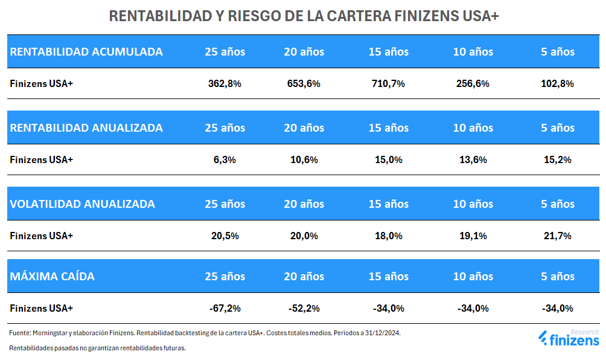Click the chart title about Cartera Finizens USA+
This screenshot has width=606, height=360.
pyautogui.click(x=303, y=16)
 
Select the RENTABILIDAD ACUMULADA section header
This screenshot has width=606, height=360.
pyautogui.click(x=86, y=52)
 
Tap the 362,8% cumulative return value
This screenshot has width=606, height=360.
pyautogui.click(x=225, y=84)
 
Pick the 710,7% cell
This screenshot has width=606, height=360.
pyautogui.click(x=388, y=84)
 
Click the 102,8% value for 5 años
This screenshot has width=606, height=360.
pyautogui.click(x=557, y=84)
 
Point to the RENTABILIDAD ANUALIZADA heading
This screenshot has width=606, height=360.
pyautogui.click(x=86, y=128)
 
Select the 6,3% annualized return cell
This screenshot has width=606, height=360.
pyautogui.click(x=225, y=160)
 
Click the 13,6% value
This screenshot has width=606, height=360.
pyautogui.click(x=473, y=160)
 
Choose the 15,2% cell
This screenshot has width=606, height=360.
pyautogui.click(x=557, y=160)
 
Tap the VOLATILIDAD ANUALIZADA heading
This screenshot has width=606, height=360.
pyautogui.click(x=83, y=204)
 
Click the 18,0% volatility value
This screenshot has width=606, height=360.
pyautogui.click(x=388, y=236)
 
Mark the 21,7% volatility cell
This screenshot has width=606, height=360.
pyautogui.click(x=557, y=236)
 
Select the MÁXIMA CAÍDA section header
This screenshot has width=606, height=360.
pyautogui.click(x=53, y=277)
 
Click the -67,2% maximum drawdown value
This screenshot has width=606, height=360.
pyautogui.click(x=225, y=309)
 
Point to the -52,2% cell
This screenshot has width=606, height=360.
pyautogui.click(x=304, y=309)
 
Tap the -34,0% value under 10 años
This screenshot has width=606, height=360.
pyautogui.click(x=473, y=309)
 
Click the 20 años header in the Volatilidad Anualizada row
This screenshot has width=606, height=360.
pyautogui.click(x=304, y=204)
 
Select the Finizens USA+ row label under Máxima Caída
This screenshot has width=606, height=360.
pyautogui.click(x=41, y=309)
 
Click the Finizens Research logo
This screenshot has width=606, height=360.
pyautogui.click(x=568, y=339)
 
